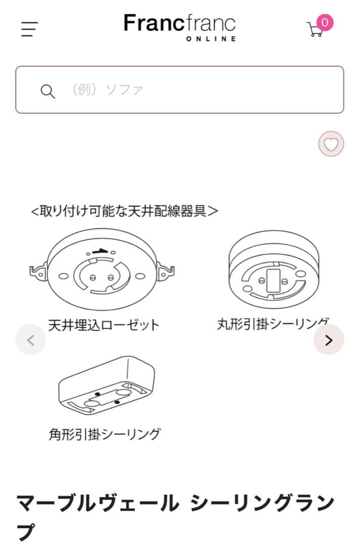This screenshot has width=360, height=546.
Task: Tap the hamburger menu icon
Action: click(x=29, y=29)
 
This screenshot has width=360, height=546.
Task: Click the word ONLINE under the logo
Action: click(x=211, y=39)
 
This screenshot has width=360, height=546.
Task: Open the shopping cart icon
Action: click(x=315, y=29)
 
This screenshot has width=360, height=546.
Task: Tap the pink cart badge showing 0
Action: click(x=325, y=22)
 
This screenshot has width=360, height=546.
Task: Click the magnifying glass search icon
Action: click(x=48, y=92)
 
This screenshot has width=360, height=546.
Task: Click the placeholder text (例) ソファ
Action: click(x=107, y=90)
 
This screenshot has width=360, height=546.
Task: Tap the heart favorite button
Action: click(x=331, y=145)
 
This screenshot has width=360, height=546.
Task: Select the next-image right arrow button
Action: click(x=329, y=340)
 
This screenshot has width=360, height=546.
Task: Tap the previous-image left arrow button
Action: click(x=30, y=340)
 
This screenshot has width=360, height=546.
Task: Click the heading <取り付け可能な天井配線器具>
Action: click(x=124, y=211)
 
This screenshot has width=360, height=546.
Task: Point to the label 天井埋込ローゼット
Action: click(x=104, y=325)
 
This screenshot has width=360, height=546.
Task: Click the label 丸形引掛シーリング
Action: click(x=273, y=324)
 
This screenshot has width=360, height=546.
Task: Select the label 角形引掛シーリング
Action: click(x=105, y=434)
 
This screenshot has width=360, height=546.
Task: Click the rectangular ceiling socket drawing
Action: click(x=106, y=387)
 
